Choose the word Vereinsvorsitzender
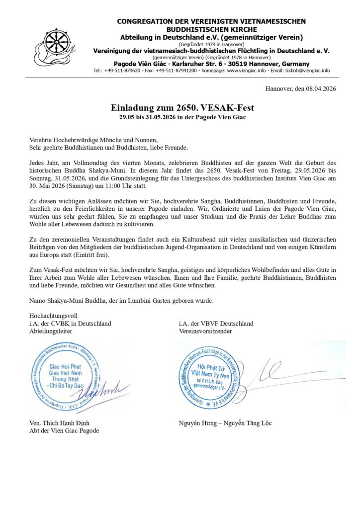click(205, 331)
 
